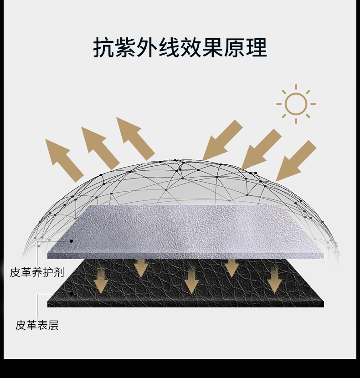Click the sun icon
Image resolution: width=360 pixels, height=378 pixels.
coord(296,104)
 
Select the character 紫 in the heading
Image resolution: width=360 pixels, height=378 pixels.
coord(126,47)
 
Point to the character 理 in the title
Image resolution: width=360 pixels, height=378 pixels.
coord(256,47)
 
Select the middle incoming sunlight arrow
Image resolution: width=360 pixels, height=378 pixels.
coord(261,148)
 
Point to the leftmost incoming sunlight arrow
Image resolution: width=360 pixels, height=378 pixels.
coord(222,139)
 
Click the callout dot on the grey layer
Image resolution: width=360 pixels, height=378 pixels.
coord(71,241)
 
